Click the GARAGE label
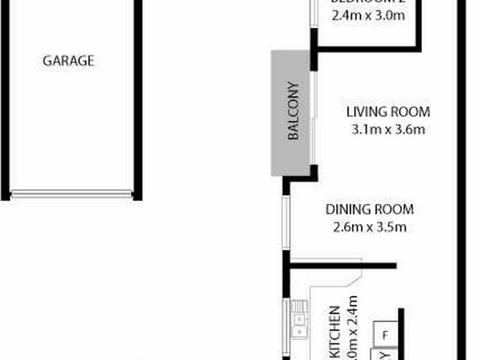(x=68, y=60)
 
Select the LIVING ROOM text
(x=388, y=112)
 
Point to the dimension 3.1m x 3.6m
(x=388, y=129)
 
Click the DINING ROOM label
(x=370, y=210)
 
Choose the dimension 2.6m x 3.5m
(x=370, y=227)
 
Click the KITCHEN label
(x=336, y=333)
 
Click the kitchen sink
(x=298, y=320)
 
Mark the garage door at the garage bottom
(x=71, y=194)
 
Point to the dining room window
(x=287, y=222)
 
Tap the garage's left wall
(x=5, y=99)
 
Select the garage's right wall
(x=137, y=99)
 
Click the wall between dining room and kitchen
(x=342, y=265)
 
